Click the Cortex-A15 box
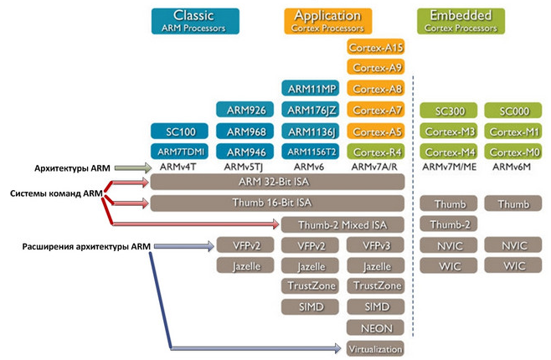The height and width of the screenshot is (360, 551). tap(376, 47)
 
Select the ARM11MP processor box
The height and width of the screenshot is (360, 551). tap(311, 89)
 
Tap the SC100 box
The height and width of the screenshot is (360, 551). tap(179, 131)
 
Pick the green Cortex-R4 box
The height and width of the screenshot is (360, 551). tap(376, 152)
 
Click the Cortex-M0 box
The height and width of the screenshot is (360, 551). tap(513, 152)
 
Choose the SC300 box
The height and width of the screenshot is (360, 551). tap(449, 111)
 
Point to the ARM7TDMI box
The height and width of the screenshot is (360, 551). tap(179, 152)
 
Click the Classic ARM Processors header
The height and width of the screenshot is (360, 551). tap(195, 22)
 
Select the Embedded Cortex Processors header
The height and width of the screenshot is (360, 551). tap(461, 22)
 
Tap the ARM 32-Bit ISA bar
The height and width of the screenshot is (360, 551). tap(278, 182)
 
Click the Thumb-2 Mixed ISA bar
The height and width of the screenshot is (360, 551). tap(342, 224)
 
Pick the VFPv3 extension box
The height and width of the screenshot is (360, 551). tap(376, 245)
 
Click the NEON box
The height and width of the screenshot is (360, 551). tap(376, 328)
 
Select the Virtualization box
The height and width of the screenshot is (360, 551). tap(376, 349)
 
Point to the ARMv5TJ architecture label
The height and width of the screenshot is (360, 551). tap(244, 167)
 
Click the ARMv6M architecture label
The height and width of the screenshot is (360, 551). tap(512, 167)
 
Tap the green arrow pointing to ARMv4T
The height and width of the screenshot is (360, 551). tap(133, 168)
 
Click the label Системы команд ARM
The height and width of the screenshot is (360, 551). tap(56, 193)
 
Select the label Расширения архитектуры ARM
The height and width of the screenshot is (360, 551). tap(86, 246)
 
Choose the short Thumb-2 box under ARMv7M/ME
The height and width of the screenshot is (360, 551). tap(449, 224)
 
